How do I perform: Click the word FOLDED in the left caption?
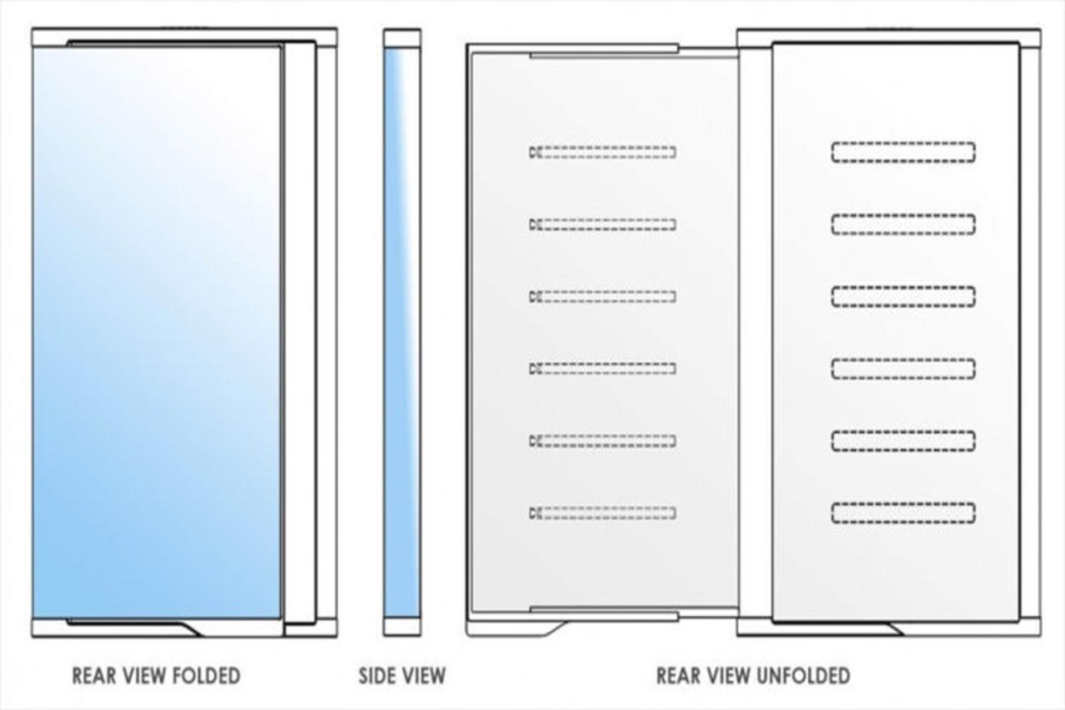(x=206, y=676)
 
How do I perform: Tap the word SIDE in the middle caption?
(x=377, y=676)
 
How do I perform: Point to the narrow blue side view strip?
(x=402, y=332)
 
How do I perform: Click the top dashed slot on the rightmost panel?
(x=903, y=153)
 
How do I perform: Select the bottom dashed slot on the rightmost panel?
(x=903, y=513)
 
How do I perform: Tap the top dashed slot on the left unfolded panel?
(x=602, y=152)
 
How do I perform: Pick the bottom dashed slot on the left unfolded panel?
(x=602, y=513)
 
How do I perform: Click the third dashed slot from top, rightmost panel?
(x=903, y=297)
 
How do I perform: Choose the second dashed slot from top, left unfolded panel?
(x=602, y=224)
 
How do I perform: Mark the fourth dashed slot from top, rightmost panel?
(x=903, y=369)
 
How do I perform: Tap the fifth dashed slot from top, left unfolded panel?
(x=602, y=440)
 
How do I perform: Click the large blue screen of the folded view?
(x=157, y=332)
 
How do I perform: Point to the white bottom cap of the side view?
(x=402, y=627)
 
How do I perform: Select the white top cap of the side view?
(x=402, y=38)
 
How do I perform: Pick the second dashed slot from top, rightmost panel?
(x=903, y=225)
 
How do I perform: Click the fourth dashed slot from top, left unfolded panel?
(x=602, y=368)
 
